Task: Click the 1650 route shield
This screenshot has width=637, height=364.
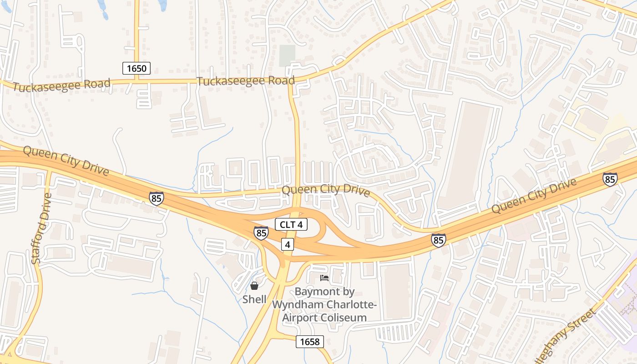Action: pos(136,69)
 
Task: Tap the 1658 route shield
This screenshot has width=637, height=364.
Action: pos(310,341)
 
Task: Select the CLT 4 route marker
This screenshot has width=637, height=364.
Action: pos(291,224)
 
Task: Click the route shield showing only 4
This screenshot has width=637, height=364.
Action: pos(287,244)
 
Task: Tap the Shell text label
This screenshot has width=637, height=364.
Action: pos(254,299)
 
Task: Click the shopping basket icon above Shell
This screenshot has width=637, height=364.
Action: pos(254,286)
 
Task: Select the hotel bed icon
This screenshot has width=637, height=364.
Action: pos(324,278)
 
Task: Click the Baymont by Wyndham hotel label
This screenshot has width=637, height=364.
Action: pos(324,304)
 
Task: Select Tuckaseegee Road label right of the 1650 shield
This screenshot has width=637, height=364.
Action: pos(246,81)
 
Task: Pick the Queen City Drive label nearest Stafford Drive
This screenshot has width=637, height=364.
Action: pos(66,161)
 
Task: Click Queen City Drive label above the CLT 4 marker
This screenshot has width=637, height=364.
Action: pos(326,190)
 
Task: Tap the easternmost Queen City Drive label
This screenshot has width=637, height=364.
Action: pos(534,196)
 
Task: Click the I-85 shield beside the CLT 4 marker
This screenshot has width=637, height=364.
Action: pos(261,233)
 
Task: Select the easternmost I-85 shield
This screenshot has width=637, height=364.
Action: pos(610,179)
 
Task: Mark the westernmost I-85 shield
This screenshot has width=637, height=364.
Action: pos(156,198)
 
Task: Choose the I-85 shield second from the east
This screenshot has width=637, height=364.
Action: pos(439,240)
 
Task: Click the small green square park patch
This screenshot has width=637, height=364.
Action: pos(287,56)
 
